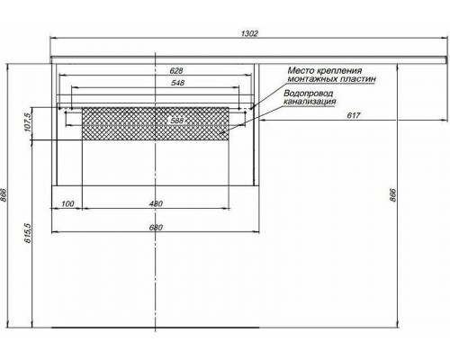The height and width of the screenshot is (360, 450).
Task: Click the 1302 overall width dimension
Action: coord(250,33)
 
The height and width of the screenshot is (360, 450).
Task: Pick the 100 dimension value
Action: coord(67,203)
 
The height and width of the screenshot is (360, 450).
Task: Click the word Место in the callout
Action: coord(303,69)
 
